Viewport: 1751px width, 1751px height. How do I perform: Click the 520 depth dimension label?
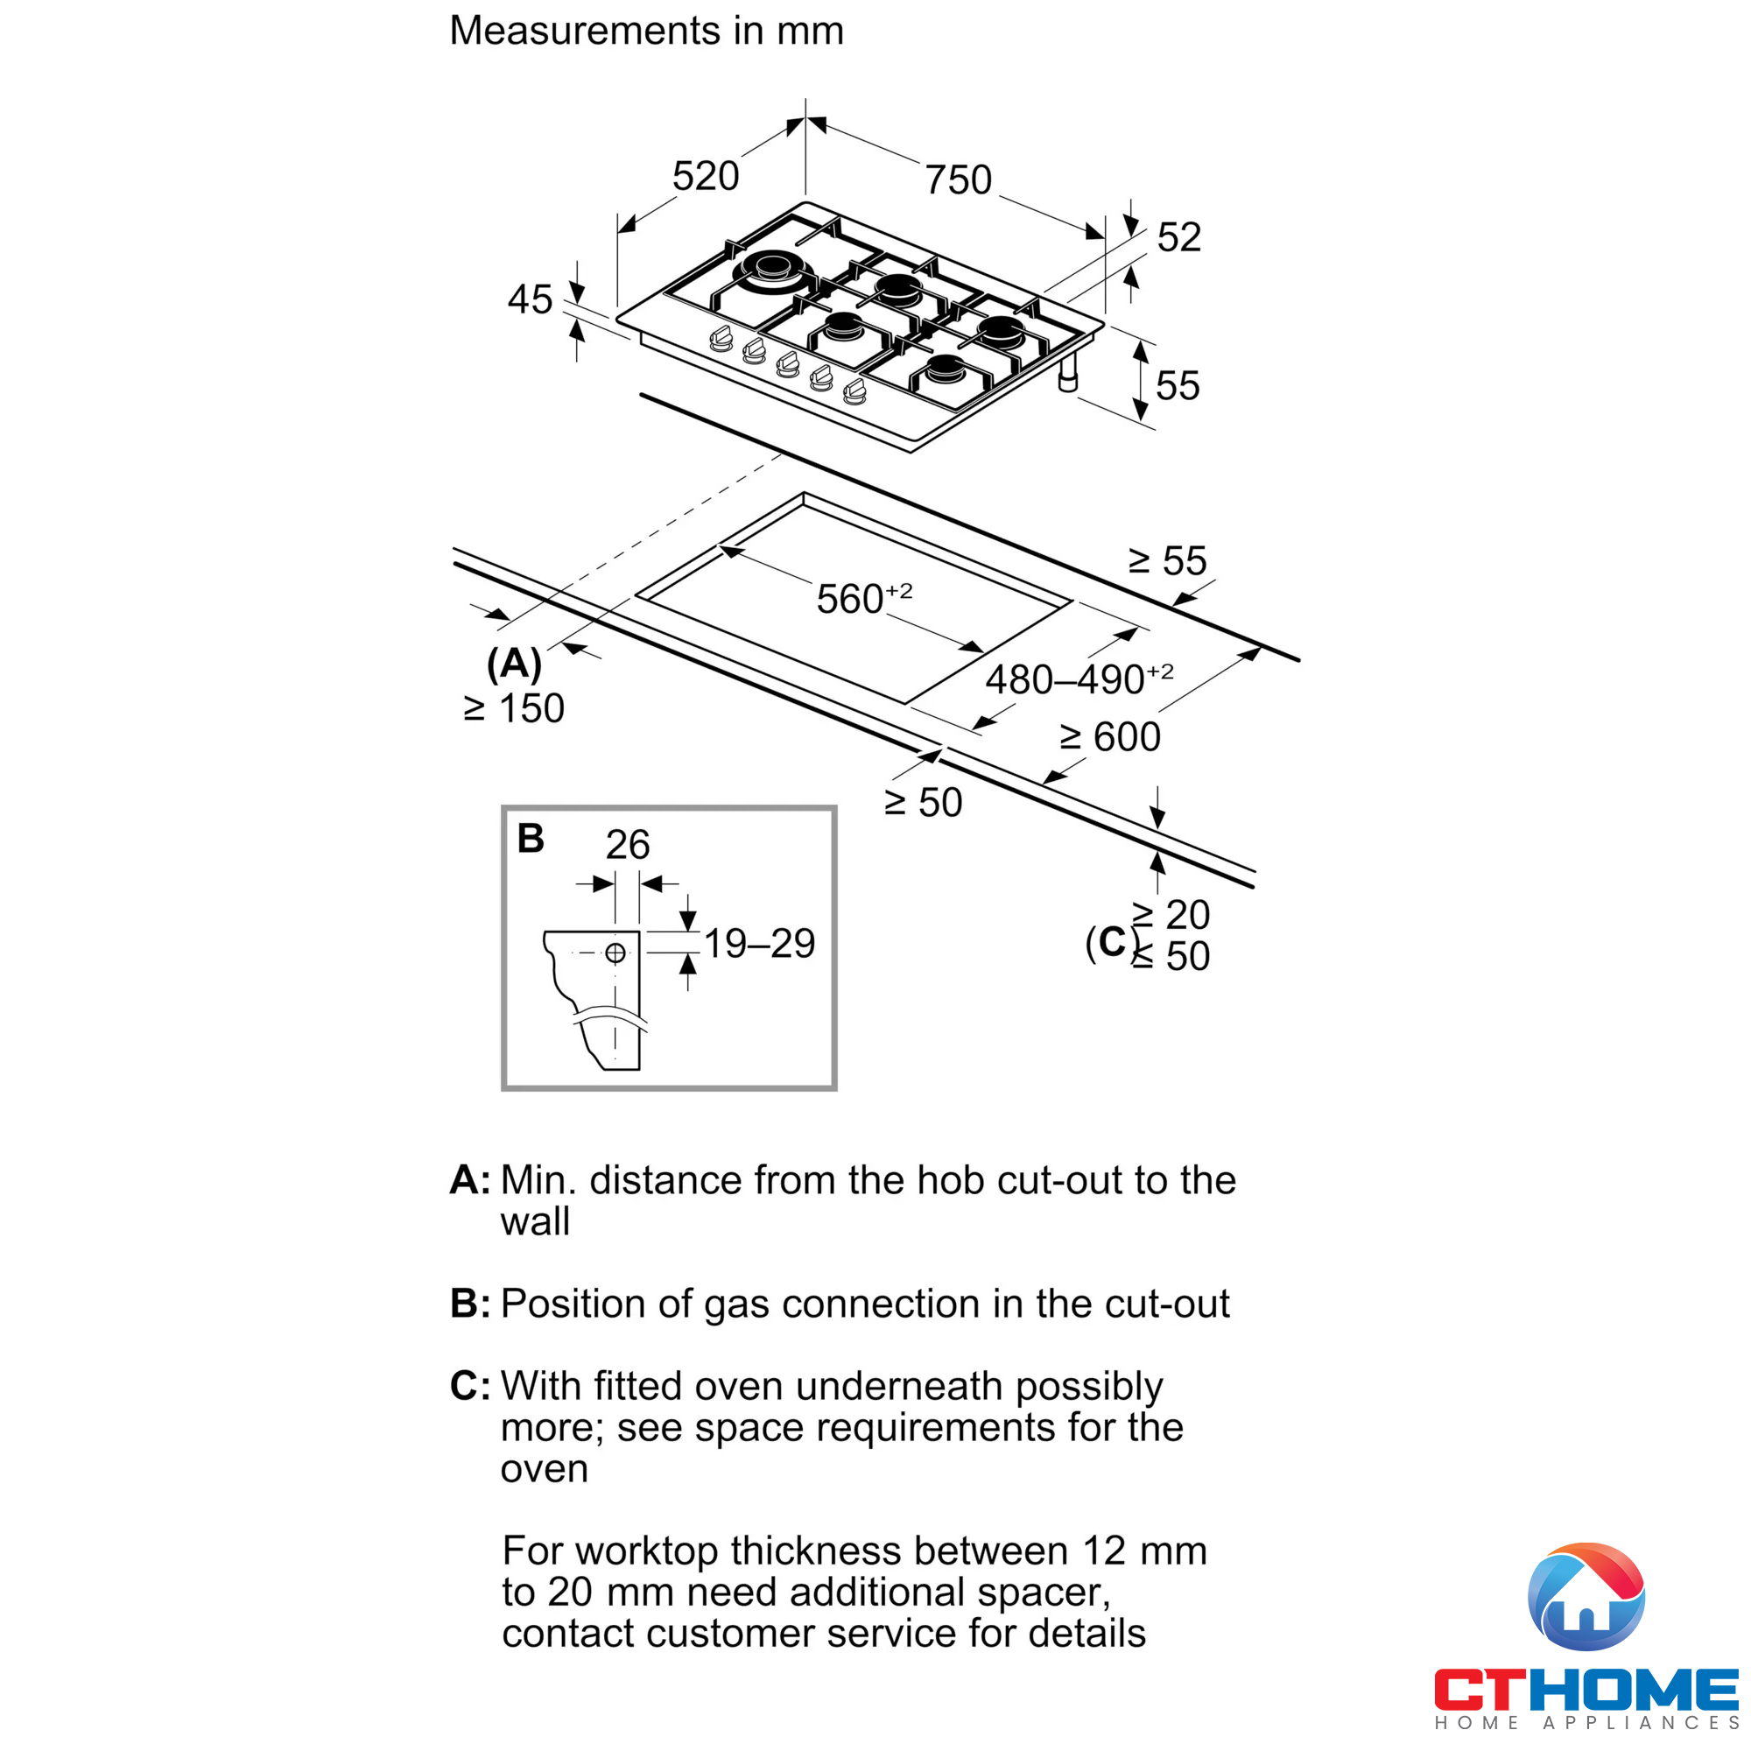705,176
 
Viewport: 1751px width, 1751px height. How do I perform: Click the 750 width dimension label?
958,179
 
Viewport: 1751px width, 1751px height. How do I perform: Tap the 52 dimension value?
1178,237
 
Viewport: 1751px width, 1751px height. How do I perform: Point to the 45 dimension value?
530,300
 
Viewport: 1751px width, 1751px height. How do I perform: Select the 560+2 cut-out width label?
863,599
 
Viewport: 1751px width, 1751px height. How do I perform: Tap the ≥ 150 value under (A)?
514,709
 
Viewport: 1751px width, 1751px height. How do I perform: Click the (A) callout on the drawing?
514,664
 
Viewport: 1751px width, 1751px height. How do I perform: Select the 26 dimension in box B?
627,845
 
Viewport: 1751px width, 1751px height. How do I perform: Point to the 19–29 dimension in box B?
759,945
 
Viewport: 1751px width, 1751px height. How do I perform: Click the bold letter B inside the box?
531,839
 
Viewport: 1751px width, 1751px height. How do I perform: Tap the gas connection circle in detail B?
615,953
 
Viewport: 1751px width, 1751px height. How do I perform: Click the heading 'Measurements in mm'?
646,31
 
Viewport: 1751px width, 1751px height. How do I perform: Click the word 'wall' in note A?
535,1221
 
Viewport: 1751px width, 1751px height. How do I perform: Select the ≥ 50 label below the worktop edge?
923,803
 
